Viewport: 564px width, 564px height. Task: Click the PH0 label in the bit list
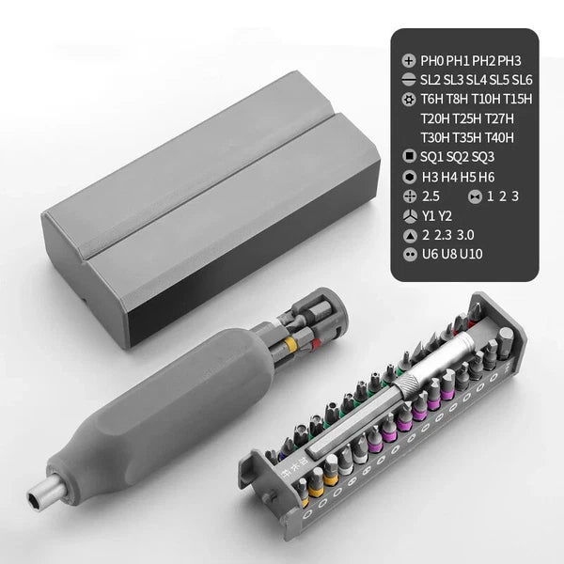pyautogui.click(x=434, y=58)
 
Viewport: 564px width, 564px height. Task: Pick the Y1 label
pyautogui.click(x=430, y=215)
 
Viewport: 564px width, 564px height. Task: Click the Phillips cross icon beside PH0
pyautogui.click(x=408, y=58)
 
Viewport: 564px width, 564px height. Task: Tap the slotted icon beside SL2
pyautogui.click(x=408, y=79)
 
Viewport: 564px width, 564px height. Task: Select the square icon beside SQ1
pyautogui.click(x=408, y=157)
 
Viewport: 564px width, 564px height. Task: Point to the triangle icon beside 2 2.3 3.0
pyautogui.click(x=408, y=235)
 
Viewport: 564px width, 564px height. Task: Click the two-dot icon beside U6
pyautogui.click(x=408, y=254)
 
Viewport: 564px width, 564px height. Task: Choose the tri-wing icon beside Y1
pyautogui.click(x=408, y=215)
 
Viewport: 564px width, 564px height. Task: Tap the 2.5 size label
pyautogui.click(x=432, y=196)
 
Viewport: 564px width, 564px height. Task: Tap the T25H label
pyautogui.click(x=472, y=118)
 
